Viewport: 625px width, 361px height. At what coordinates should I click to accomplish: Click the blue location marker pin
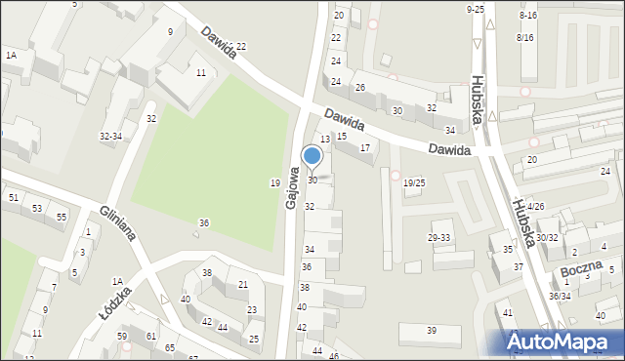coord(312,157)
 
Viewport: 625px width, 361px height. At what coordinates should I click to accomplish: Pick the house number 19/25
coord(414,182)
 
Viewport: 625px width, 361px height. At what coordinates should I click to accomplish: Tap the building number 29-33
coord(438,237)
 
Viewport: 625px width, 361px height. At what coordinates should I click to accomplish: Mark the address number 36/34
coord(560,296)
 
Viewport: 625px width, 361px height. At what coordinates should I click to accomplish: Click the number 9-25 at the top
coord(475,9)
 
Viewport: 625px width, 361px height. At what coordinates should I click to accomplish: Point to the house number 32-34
coord(110,137)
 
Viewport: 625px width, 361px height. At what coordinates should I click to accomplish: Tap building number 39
coord(431,331)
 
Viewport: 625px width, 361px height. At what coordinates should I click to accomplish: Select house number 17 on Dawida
coord(364,148)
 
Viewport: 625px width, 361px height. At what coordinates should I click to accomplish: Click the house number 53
coord(36,209)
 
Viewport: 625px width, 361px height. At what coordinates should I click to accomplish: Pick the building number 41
coord(507,312)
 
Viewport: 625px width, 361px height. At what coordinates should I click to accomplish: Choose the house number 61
coord(151,336)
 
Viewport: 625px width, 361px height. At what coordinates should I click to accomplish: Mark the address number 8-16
coord(528,16)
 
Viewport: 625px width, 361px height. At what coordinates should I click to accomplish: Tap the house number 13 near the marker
coord(325,140)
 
